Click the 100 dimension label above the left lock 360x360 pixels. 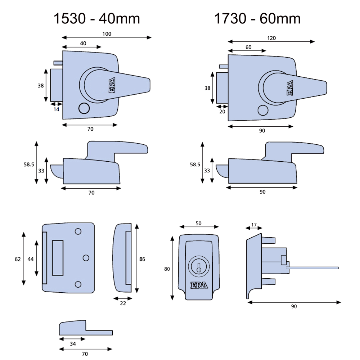(107, 34)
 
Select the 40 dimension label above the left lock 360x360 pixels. (83, 44)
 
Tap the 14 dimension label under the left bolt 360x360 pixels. (57, 109)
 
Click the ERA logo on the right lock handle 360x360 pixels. (290, 88)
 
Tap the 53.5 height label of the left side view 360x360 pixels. (29, 164)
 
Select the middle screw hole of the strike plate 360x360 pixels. (86, 258)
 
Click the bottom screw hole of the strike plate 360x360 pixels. (77, 285)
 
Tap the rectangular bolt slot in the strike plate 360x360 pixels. (58, 258)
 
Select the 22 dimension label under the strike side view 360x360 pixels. (123, 304)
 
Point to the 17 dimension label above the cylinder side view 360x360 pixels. (254, 225)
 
